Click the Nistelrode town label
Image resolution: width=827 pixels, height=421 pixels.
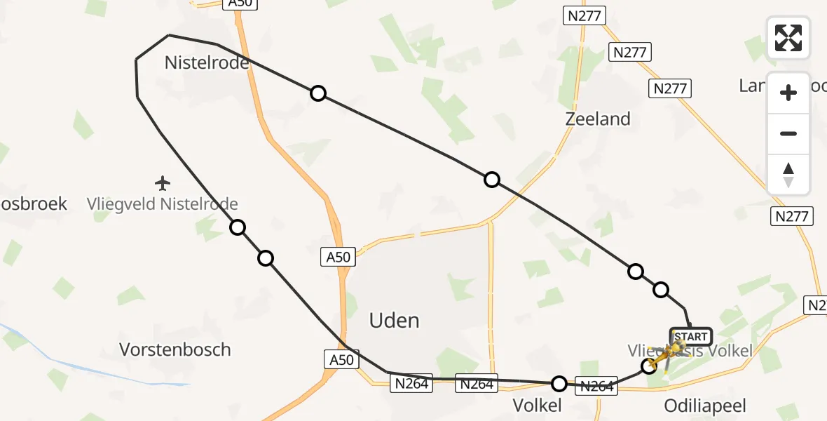[207, 63]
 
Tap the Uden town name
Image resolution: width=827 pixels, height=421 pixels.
[395, 321]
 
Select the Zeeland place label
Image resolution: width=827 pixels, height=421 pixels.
[598, 119]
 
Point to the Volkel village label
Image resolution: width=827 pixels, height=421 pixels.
[538, 406]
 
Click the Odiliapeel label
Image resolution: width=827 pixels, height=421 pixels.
[704, 406]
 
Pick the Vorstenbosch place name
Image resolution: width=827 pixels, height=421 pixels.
[175, 349]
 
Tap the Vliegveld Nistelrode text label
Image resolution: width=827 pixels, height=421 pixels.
[163, 205]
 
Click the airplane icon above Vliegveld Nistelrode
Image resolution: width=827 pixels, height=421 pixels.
[163, 184]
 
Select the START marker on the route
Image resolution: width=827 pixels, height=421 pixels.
[691, 337]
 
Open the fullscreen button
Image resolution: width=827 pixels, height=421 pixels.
[788, 37]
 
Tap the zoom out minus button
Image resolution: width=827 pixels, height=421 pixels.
[788, 134]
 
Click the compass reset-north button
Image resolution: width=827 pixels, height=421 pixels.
[788, 175]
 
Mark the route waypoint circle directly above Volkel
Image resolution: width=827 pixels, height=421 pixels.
[559, 383]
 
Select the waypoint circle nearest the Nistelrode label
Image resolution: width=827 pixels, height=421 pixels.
[318, 93]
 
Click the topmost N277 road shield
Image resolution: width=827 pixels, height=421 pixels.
[584, 15]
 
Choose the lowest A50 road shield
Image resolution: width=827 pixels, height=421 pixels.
[342, 360]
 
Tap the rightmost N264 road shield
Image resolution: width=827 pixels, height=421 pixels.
[598, 386]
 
